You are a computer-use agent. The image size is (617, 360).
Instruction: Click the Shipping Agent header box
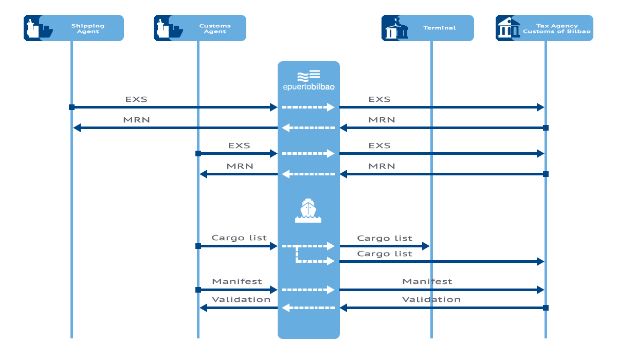coord(74,28)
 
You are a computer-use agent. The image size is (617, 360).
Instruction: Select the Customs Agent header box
coord(199,28)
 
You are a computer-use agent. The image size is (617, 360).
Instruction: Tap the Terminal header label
coord(440,28)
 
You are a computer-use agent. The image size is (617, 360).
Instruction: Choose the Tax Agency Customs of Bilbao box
coord(545,28)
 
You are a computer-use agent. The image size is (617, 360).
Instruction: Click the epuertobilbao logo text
coord(309,87)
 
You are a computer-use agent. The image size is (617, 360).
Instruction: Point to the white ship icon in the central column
coord(308,210)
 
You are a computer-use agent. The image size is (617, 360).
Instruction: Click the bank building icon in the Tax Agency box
coord(509,28)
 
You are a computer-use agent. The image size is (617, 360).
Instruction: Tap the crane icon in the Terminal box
coord(396,28)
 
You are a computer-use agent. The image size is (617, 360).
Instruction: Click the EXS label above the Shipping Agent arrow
coord(136,99)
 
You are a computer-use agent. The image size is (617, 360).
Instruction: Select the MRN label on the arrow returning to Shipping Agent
coord(136,120)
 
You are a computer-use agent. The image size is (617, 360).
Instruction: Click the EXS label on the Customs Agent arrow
coord(239,146)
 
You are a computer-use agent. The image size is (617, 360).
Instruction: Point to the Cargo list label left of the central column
coord(239,238)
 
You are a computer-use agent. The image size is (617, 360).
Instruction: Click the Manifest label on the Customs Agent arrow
coord(237,281)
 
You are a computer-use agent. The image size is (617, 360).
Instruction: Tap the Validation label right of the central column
coord(431,299)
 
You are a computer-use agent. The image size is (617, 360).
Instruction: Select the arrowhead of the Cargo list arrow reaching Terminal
coord(426,246)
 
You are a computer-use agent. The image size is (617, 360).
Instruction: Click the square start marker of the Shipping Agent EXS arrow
coord(71,107)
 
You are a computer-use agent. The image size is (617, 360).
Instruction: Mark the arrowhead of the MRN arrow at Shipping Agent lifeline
coord(77,128)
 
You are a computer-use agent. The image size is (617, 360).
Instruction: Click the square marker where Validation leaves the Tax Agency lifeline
coord(546,308)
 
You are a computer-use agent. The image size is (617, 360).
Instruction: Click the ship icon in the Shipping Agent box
coord(40,28)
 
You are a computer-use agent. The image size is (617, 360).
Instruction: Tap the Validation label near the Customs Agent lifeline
coord(241,299)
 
